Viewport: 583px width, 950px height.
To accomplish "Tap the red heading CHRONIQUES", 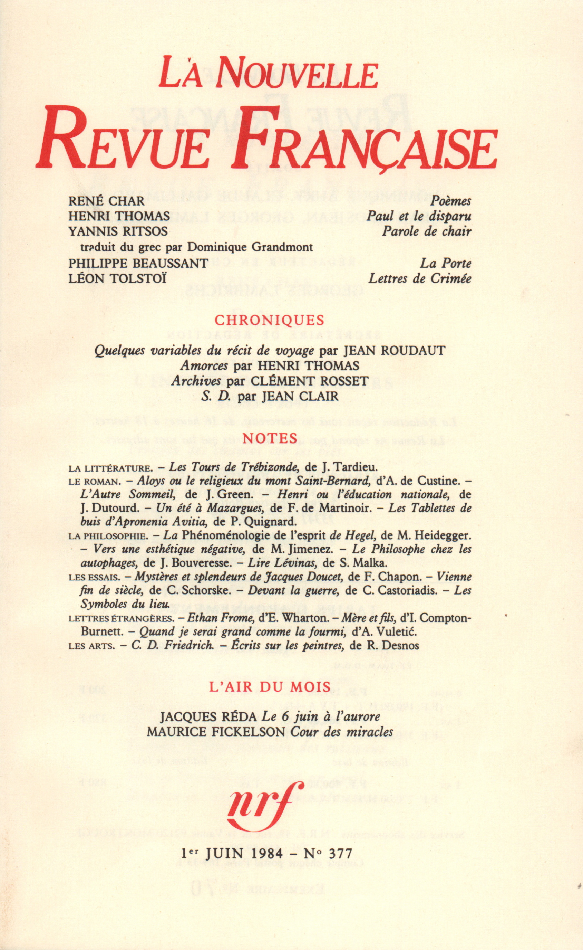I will [270, 320].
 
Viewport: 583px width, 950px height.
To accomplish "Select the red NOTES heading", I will [270, 438].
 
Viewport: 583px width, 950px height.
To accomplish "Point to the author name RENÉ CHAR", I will [106, 201].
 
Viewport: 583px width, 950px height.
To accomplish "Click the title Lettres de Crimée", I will [419, 278].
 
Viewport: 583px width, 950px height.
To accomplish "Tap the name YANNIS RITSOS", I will [118, 231].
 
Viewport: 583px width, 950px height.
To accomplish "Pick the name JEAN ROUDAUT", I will [394, 351].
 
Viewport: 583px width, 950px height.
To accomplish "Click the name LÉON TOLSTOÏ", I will [118, 278].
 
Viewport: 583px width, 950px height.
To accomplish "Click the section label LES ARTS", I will [92, 646].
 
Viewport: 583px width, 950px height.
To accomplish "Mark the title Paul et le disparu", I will [419, 216].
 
